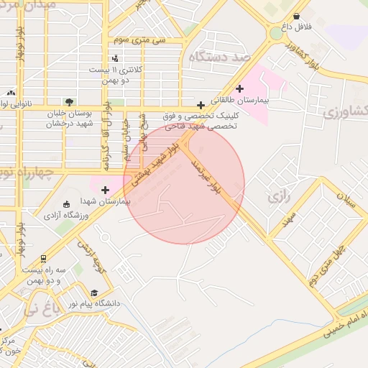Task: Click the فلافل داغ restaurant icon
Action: tap(297, 16)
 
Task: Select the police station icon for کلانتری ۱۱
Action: tap(115, 58)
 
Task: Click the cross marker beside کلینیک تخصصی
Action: tap(201, 106)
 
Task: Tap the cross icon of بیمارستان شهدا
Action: tap(106, 190)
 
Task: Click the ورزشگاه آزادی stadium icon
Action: tap(67, 204)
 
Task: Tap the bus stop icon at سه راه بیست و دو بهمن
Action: tap(44, 258)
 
